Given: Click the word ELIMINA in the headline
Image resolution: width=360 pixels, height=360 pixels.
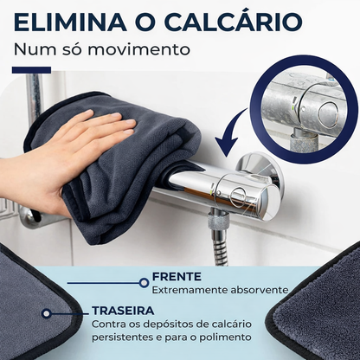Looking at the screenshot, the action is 70,22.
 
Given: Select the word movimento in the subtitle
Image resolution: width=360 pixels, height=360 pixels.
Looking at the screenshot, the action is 138,49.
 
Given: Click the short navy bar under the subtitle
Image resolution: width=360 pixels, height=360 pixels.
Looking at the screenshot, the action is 31,70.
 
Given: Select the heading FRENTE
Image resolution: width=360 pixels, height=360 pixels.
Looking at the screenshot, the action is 177,277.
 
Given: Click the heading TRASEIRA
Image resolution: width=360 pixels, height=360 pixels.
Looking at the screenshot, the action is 123,311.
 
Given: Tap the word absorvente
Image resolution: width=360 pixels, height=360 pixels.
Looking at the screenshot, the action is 260,290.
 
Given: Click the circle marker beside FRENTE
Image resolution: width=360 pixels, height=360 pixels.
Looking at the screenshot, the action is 144,283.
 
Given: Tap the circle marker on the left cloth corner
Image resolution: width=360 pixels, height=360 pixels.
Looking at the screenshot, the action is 47,313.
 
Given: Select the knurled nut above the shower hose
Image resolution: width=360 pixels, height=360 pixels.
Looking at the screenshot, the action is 218,222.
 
